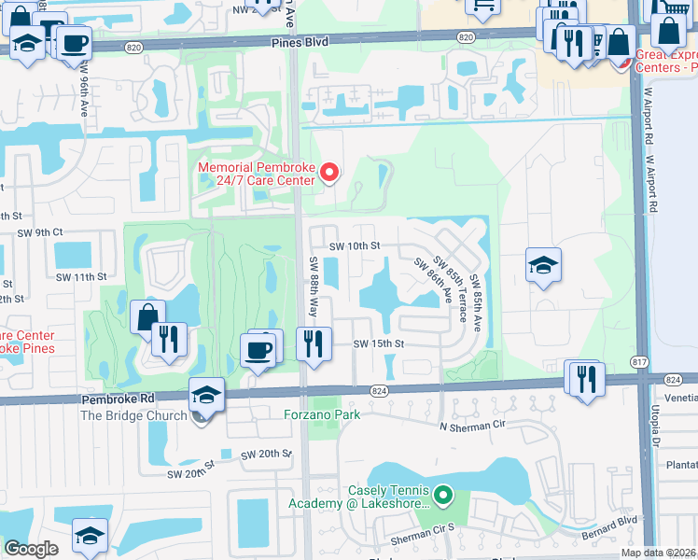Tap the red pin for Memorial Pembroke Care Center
click(328, 172)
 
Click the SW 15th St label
click(378, 343)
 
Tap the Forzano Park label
click(322, 416)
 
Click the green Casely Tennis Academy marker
click(443, 495)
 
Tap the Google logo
click(30, 549)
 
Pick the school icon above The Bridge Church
click(206, 394)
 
